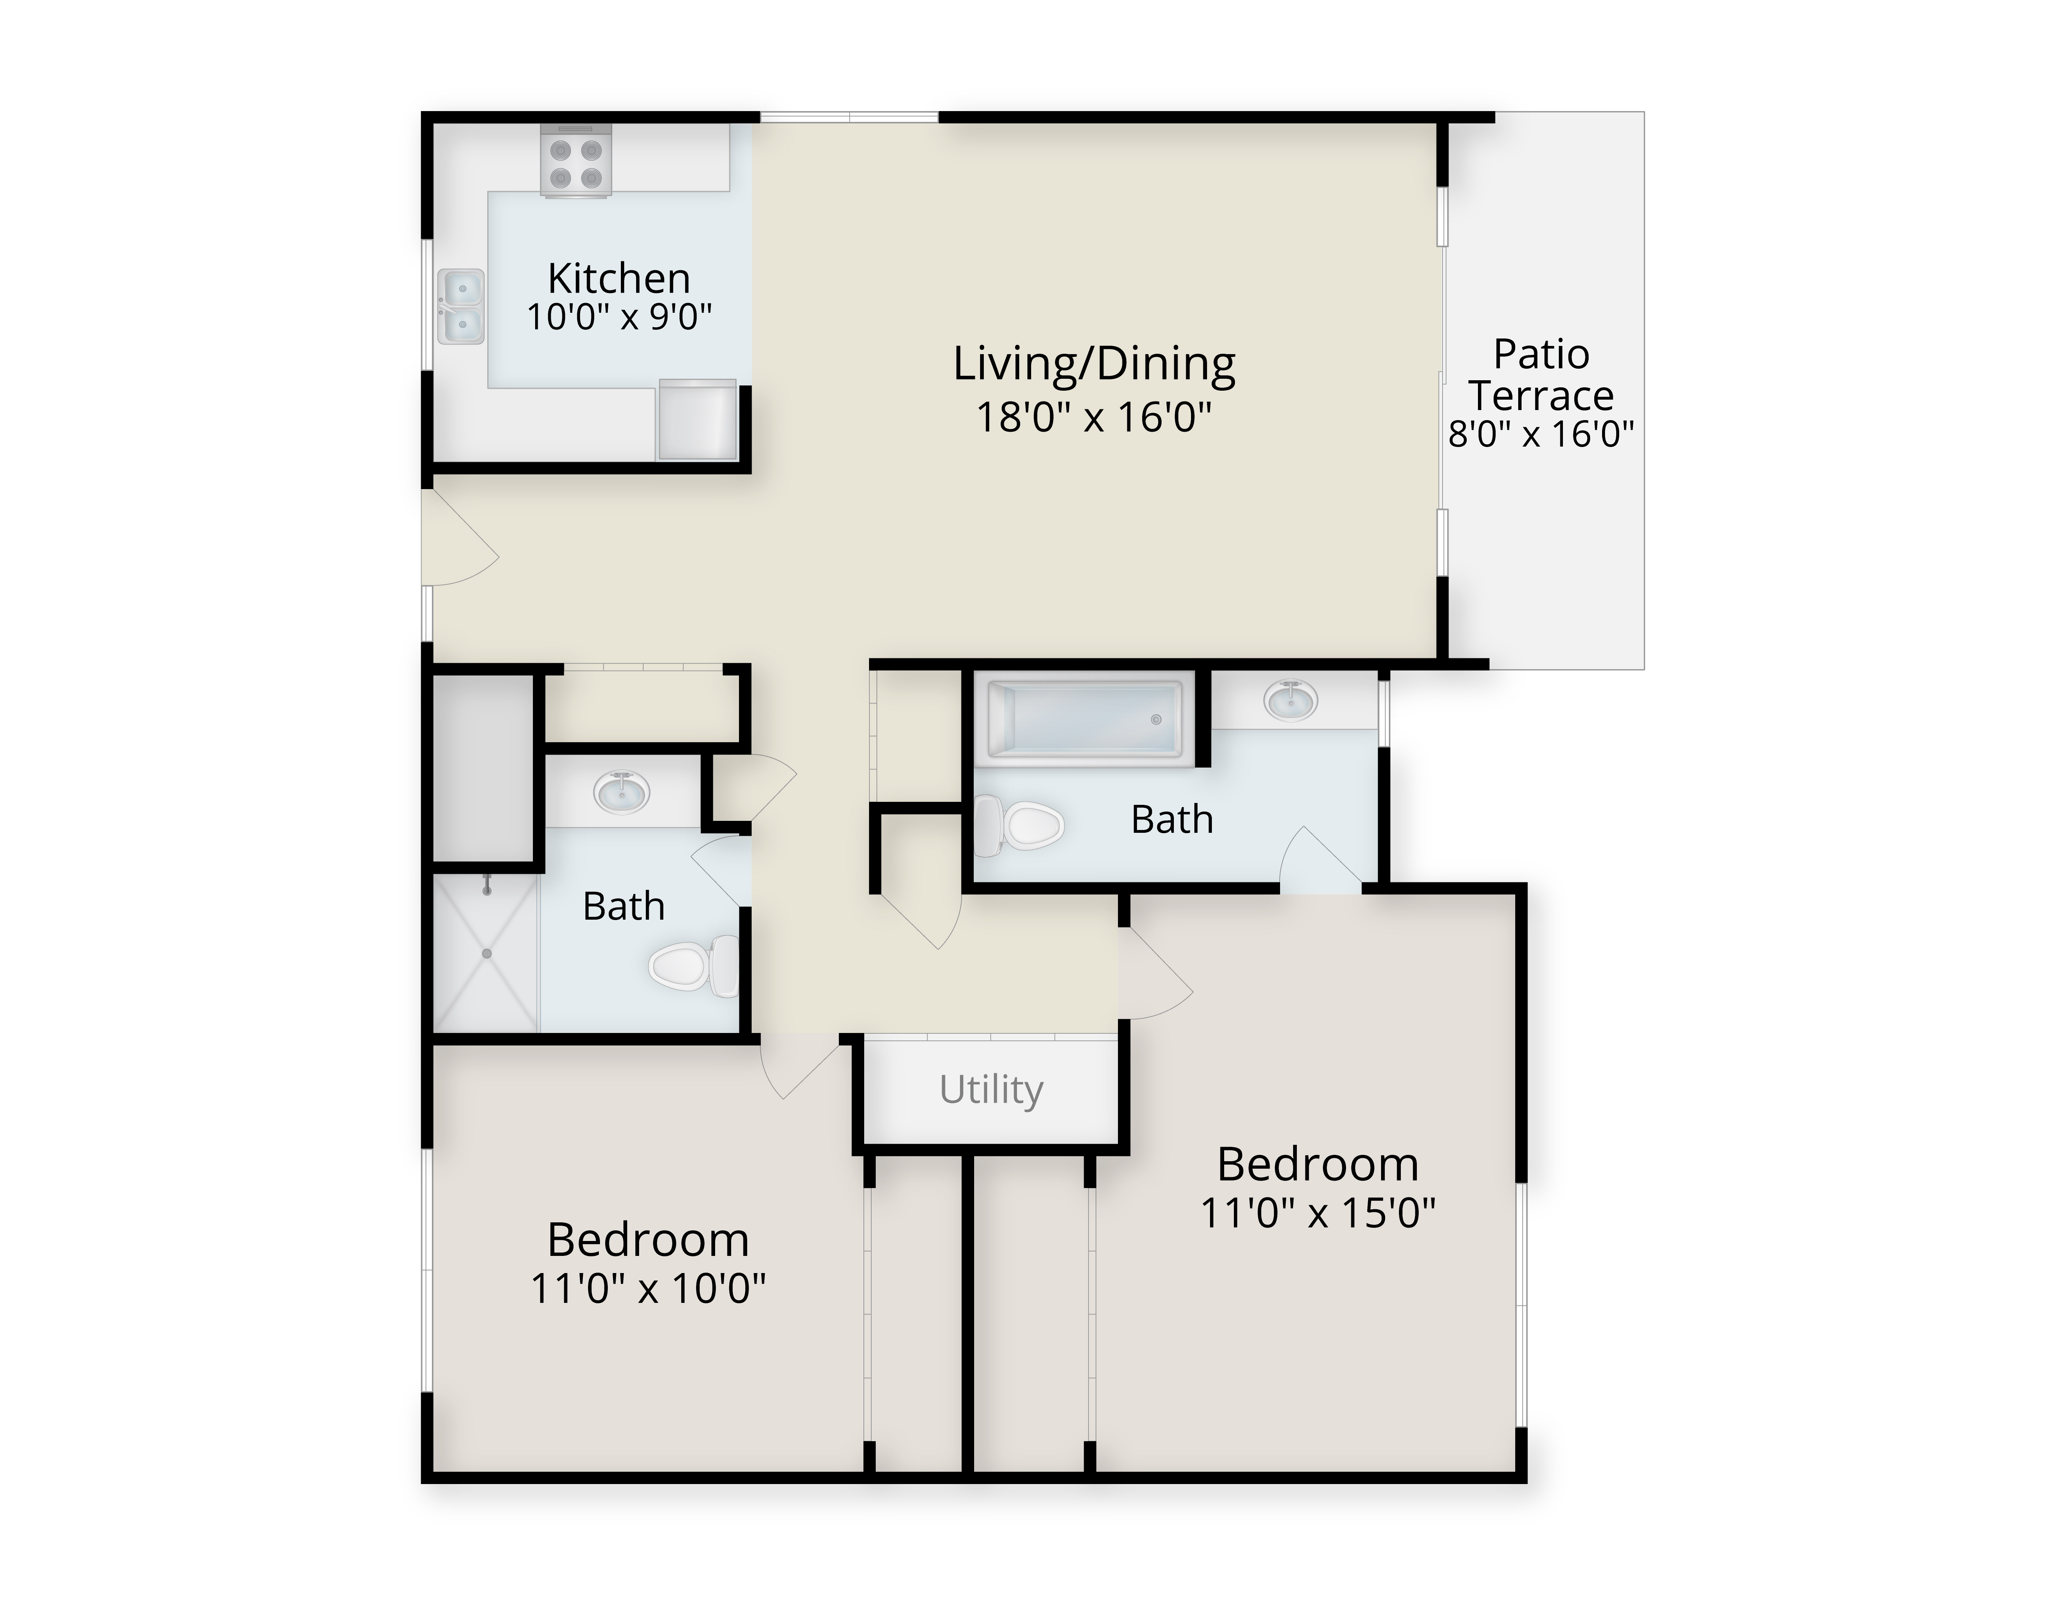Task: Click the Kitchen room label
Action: [619, 278]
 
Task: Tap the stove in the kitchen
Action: [576, 162]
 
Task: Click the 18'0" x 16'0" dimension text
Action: [1093, 416]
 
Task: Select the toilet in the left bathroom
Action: [694, 965]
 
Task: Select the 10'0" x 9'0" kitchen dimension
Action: [619, 317]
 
